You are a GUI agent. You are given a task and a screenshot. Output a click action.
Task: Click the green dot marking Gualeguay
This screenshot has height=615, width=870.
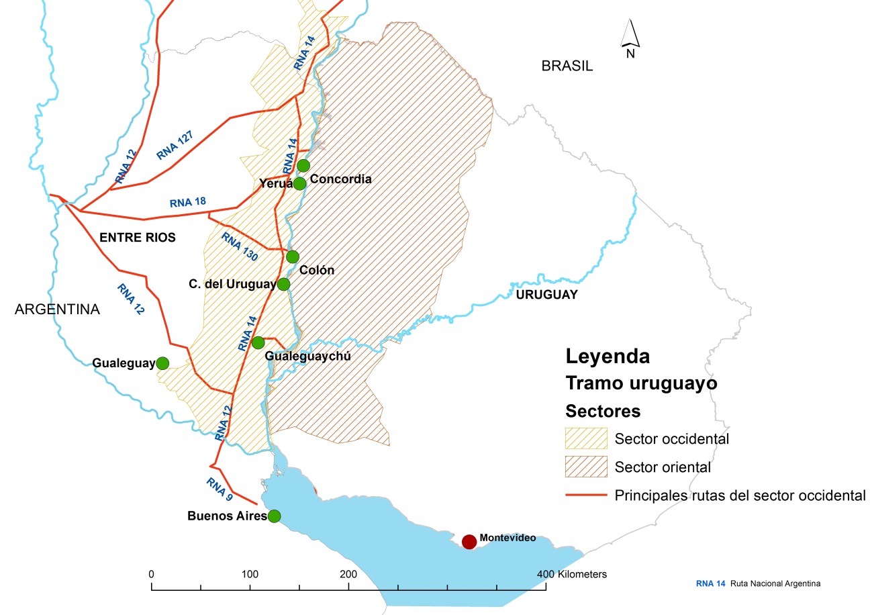coord(162,363)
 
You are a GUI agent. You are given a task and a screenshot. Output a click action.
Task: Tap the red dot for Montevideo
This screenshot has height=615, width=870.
coord(469,541)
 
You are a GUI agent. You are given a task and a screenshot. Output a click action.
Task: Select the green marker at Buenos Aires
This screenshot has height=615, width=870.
coord(274,516)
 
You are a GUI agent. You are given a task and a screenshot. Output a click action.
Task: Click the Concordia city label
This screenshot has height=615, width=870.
coord(342,179)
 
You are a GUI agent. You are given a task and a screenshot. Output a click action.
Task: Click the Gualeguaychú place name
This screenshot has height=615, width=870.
coord(308,356)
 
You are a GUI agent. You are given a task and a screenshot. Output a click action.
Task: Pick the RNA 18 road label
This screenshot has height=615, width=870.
coord(188,201)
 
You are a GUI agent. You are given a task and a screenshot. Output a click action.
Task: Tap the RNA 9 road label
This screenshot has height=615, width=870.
coord(220,489)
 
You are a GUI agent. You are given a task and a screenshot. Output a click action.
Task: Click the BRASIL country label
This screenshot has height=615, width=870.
coord(567,66)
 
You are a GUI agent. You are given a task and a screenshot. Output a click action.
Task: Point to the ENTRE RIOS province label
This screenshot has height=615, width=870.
coord(137,237)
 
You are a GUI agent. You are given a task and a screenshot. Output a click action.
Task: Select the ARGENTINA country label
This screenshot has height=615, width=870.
coord(57,310)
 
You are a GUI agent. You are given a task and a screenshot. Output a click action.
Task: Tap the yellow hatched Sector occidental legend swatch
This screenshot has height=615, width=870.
coord(586,438)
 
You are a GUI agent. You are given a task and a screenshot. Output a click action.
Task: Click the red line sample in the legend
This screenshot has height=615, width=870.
coord(586,495)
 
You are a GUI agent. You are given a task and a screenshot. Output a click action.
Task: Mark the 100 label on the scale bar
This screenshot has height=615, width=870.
coord(250,574)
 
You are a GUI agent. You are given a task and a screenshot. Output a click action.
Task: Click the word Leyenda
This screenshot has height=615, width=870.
coord(608,356)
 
